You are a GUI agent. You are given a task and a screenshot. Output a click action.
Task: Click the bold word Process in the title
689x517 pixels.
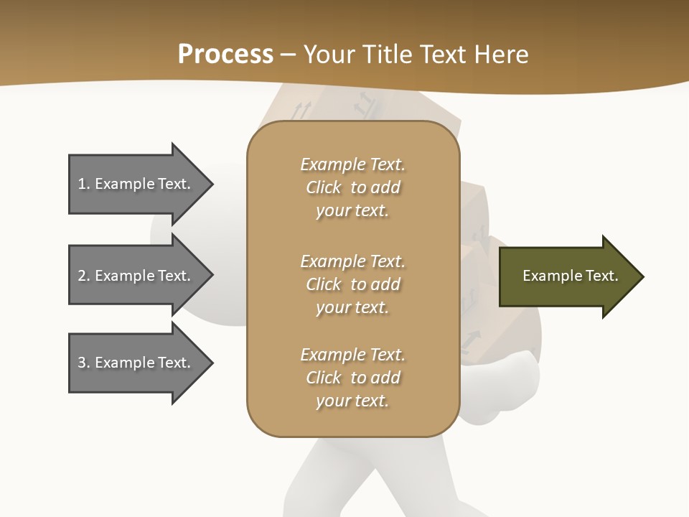[225, 54]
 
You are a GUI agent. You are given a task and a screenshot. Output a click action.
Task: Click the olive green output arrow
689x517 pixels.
[567, 276]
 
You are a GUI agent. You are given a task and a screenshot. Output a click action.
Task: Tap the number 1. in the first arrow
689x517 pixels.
[84, 184]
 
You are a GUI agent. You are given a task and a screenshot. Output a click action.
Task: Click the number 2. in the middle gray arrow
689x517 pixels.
[84, 276]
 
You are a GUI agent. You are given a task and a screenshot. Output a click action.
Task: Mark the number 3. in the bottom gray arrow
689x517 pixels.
[84, 363]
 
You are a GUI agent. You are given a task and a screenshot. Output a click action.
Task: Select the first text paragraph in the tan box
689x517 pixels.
[352, 187]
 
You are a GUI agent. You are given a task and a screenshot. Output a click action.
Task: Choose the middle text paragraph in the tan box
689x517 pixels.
[352, 284]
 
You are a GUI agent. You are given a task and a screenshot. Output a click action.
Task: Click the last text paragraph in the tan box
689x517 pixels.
[352, 378]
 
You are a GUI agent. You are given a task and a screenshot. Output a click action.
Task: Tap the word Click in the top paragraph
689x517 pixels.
[323, 187]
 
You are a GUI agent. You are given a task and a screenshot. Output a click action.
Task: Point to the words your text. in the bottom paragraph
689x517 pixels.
[352, 401]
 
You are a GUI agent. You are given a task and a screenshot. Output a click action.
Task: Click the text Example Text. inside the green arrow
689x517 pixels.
[570, 276]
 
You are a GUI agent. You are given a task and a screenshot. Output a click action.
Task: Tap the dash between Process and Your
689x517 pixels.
[289, 55]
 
